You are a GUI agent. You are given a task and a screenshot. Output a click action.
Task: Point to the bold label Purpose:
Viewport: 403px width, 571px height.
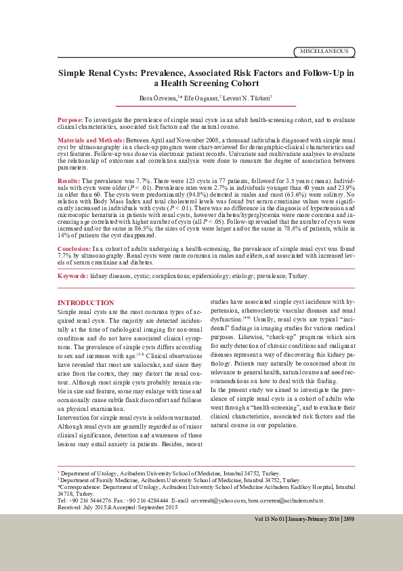pos(70,119)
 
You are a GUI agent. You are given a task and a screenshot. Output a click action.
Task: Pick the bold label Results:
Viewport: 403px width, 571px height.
pos(68,182)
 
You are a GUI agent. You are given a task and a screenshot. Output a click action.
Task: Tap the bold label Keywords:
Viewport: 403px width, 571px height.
pos(72,276)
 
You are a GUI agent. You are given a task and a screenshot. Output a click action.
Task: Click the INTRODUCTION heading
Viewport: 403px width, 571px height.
pos(85,302)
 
